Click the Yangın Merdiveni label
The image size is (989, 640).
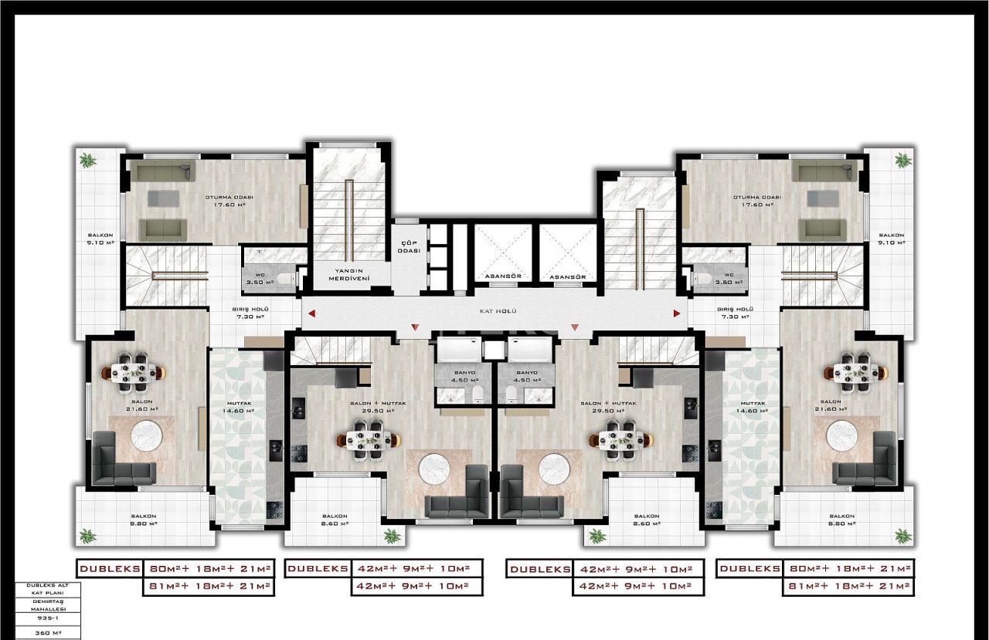tap(348, 273)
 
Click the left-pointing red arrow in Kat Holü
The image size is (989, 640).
tap(311, 313)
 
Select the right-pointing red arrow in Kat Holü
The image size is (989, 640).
tap(677, 313)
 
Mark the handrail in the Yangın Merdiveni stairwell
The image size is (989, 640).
tap(349, 220)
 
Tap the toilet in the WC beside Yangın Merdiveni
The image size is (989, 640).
tap(285, 279)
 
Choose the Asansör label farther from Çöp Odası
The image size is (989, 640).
tap(569, 276)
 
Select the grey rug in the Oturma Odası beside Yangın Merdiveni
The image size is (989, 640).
tap(163, 198)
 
